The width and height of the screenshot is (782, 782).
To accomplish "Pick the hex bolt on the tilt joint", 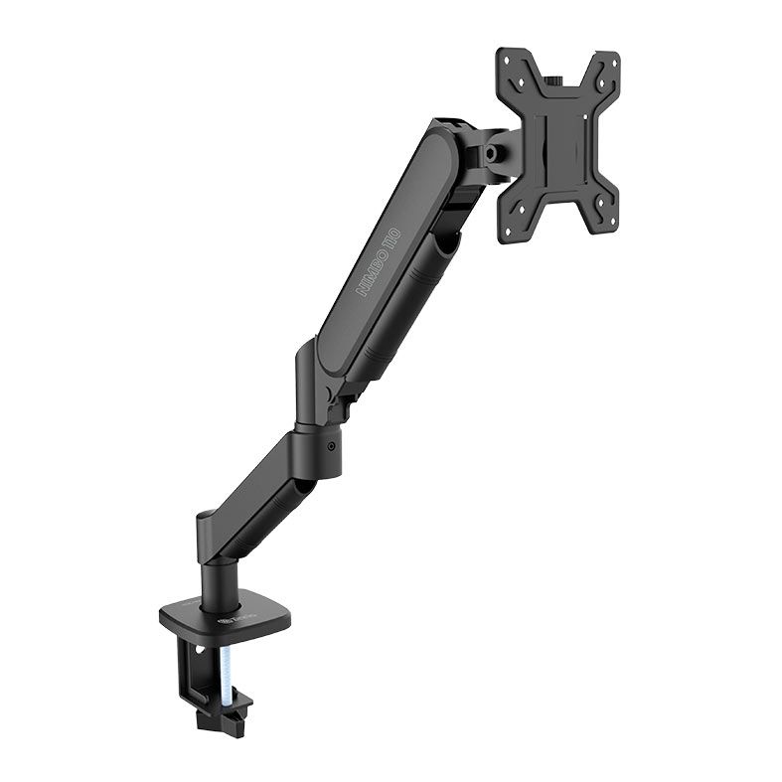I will point(490,154).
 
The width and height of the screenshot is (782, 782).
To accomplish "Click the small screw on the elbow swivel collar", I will point(332,447).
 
